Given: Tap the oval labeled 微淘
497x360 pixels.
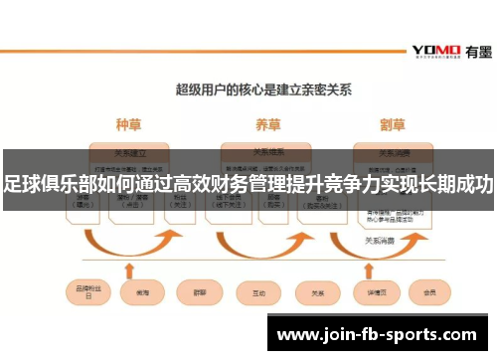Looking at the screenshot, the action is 137,292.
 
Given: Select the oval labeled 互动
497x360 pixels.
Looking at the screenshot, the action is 258,292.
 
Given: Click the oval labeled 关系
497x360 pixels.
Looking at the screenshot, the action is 317,292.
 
